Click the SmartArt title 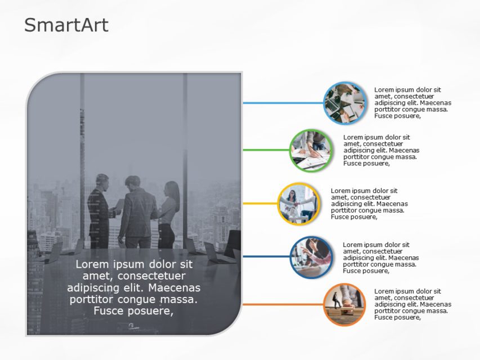point(66,25)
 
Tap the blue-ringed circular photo point(344,103)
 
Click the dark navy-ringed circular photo point(311,257)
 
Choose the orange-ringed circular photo point(344,304)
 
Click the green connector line point(266,150)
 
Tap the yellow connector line point(261,204)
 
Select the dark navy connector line point(266,257)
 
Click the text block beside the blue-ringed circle point(412,103)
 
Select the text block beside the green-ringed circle point(381,150)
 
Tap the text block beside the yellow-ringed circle point(369,204)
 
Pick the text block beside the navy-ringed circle point(380,258)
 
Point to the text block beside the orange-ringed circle point(412,304)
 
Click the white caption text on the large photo point(133,287)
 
